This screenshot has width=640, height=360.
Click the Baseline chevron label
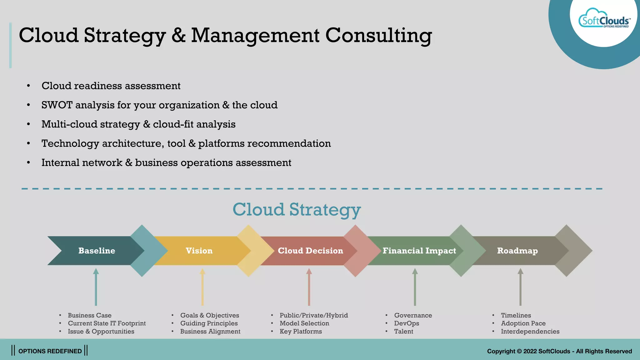(x=97, y=251)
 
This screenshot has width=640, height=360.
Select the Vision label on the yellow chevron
(x=199, y=251)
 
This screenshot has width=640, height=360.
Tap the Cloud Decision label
(x=310, y=251)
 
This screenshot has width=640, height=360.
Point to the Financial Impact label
(x=419, y=251)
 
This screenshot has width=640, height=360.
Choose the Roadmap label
(x=517, y=251)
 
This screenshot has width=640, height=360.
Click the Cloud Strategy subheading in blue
(x=297, y=209)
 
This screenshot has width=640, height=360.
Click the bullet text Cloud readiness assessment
(x=111, y=86)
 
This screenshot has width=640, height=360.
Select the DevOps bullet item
(x=407, y=323)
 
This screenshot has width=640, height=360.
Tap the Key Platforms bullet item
(x=301, y=332)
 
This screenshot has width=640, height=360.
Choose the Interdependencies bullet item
(x=530, y=332)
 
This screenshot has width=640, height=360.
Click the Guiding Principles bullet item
(x=209, y=323)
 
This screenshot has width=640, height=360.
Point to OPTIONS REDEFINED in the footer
(x=50, y=351)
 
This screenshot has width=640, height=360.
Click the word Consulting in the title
(x=378, y=35)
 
